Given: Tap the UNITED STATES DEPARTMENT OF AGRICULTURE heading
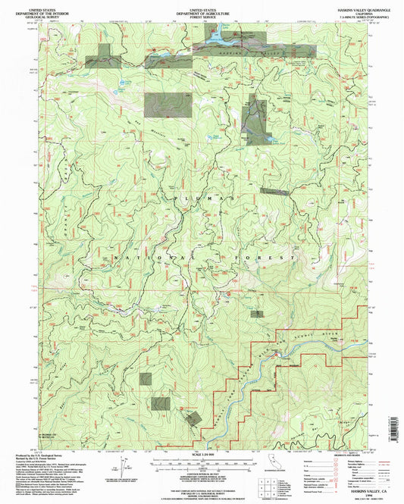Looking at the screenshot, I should click(x=202, y=8).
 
